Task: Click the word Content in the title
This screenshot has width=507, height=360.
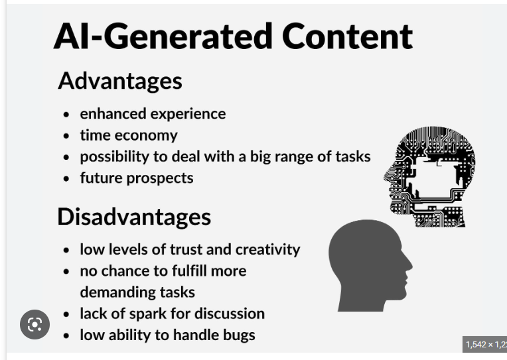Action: (347, 36)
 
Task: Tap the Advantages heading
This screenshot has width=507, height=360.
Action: (120, 81)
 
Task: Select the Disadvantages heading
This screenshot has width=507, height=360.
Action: (134, 217)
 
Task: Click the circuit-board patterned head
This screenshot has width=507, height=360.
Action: (429, 176)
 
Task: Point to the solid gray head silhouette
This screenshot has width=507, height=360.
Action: (368, 266)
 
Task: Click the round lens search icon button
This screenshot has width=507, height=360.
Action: (35, 324)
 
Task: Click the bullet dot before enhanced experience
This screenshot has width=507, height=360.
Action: (66, 114)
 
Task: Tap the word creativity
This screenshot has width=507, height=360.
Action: (267, 250)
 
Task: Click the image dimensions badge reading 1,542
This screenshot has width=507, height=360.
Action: (484, 345)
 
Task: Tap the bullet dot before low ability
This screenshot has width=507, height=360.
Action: (66, 335)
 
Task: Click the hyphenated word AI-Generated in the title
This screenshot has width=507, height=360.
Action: (163, 36)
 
